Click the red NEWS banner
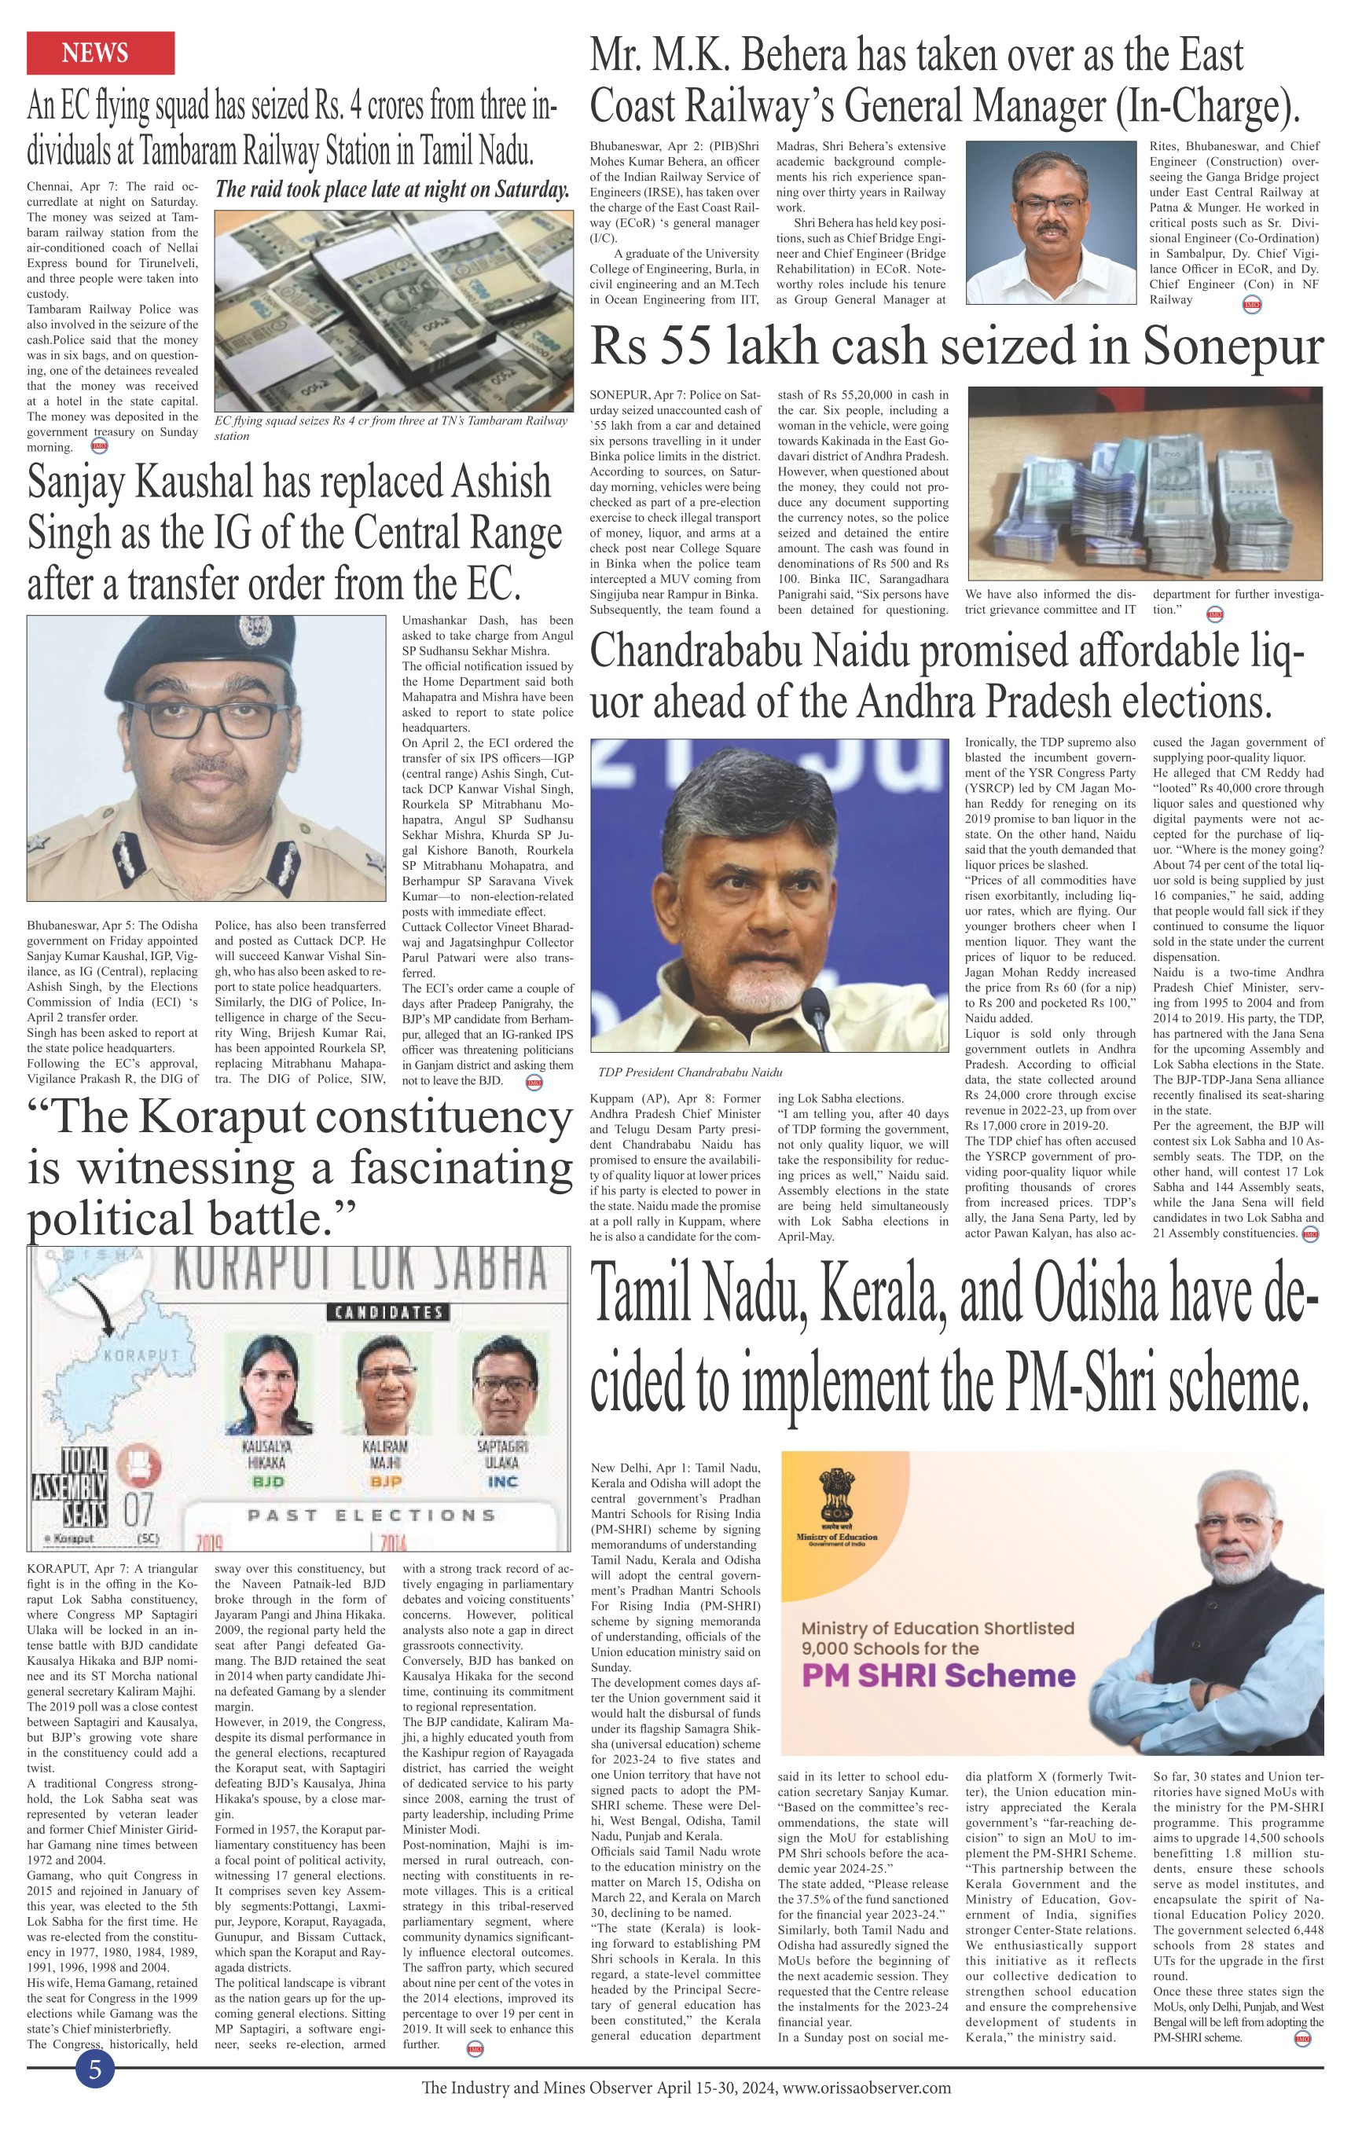point(101,53)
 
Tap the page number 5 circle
point(95,2070)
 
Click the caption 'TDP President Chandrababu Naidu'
point(690,1072)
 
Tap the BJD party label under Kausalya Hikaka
point(267,1481)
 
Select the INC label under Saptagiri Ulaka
point(502,1481)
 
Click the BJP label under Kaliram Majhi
point(386,1481)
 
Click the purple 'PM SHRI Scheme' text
point(938,1676)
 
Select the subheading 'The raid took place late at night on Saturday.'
point(391,190)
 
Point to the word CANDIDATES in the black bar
point(386,1312)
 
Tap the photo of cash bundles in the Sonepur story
point(1144,484)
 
